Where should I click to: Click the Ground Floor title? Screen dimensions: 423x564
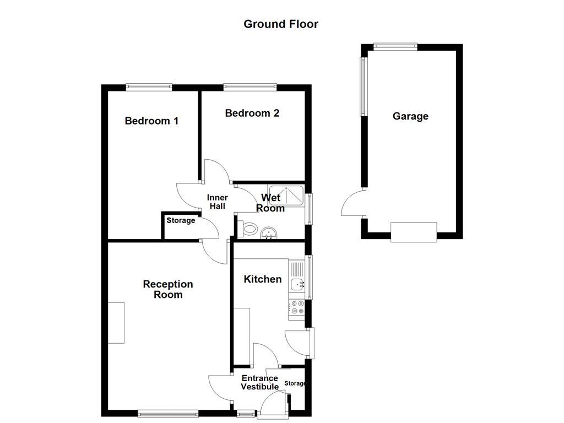point(281,24)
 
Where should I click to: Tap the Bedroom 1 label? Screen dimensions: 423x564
point(151,121)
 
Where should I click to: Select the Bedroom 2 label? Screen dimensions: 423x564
point(252,113)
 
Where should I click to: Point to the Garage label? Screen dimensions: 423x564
point(410,116)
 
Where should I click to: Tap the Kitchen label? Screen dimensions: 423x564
point(263,279)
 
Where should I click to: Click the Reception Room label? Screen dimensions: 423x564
point(168,289)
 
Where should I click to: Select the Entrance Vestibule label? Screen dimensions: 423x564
point(259,382)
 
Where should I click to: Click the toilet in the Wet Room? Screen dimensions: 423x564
point(248,229)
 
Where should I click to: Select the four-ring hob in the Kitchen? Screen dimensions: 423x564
point(297,307)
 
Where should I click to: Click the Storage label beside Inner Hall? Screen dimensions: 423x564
point(181,220)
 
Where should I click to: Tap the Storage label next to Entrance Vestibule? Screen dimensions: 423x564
point(295,383)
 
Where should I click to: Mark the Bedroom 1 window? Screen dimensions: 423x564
point(149,86)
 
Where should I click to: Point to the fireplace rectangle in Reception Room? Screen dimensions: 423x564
point(116,323)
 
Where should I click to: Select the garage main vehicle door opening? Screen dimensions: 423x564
point(414,232)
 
